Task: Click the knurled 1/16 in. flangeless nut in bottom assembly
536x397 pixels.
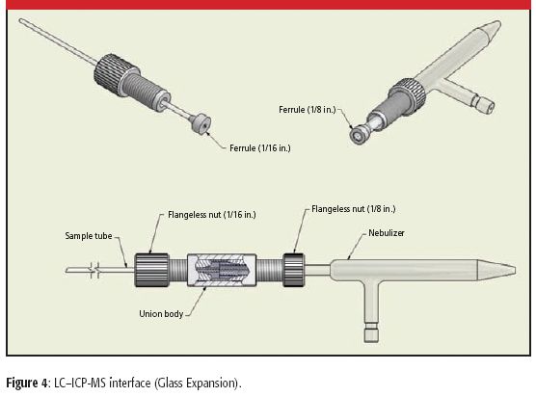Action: (149, 269)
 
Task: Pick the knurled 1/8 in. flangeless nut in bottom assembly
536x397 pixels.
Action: (294, 269)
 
